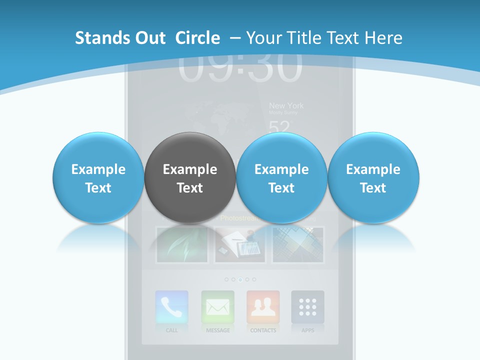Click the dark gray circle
pos(189,178)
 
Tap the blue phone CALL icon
pos(171,307)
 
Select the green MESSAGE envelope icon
pos(217,307)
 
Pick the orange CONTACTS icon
pos(263,307)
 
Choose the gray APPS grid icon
pos(307,307)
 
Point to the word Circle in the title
pos(197,38)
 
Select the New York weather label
pos(286,105)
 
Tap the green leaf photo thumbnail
pos(182,244)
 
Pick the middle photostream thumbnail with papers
pos(240,244)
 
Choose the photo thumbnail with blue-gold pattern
pos(298,244)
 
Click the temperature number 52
pos(279,128)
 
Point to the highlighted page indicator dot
pos(240,279)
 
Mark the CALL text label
pos(171,330)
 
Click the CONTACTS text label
pos(263,330)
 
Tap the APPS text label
pos(307,330)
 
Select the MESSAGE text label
pos(218,330)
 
